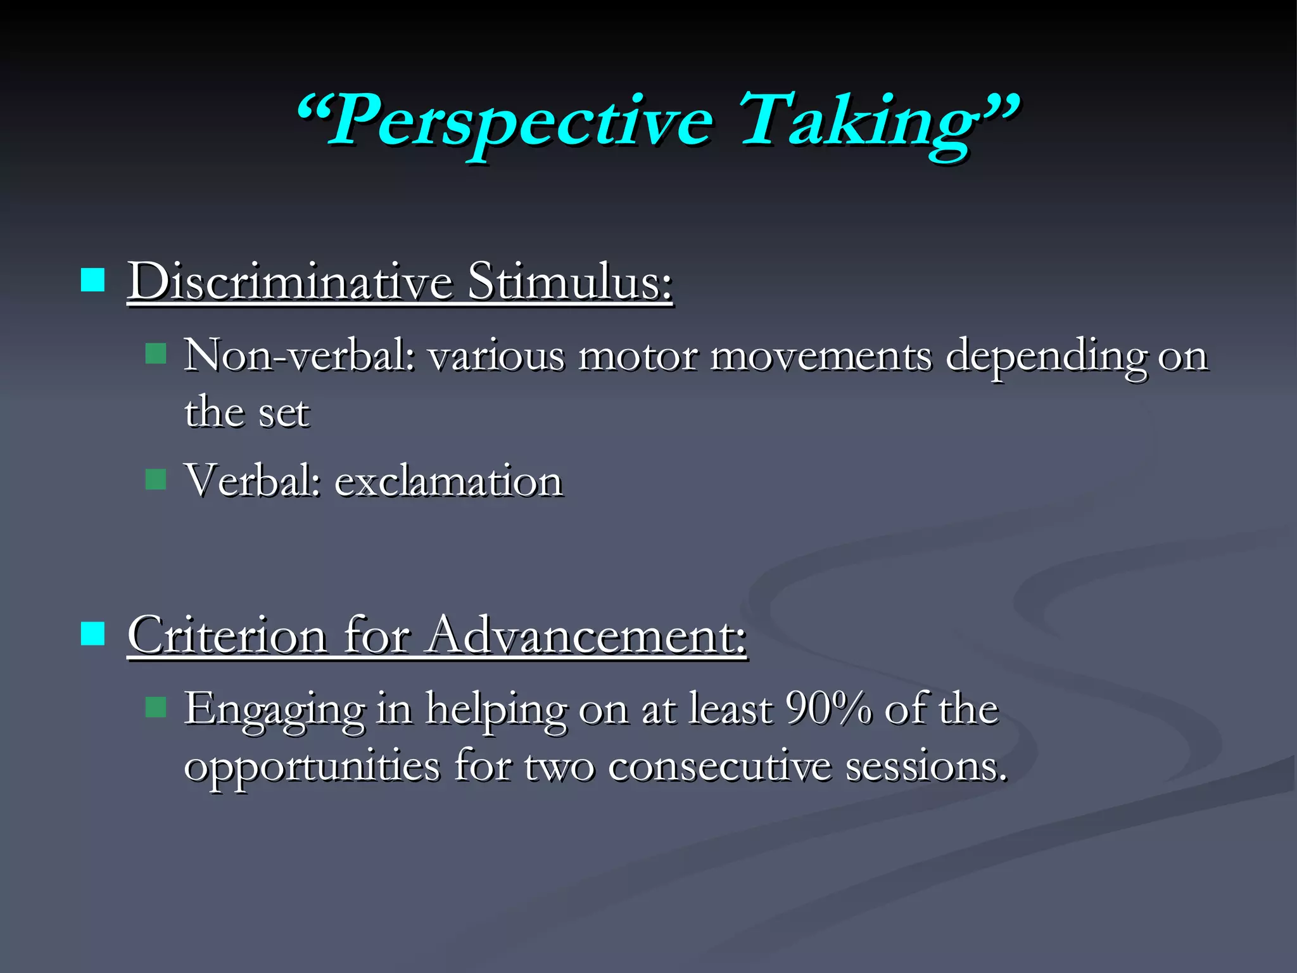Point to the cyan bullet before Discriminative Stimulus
point(93,279)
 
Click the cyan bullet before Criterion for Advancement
point(93,633)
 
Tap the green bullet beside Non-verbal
point(155,353)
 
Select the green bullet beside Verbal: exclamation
point(155,479)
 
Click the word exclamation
point(448,481)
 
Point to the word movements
point(821,356)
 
